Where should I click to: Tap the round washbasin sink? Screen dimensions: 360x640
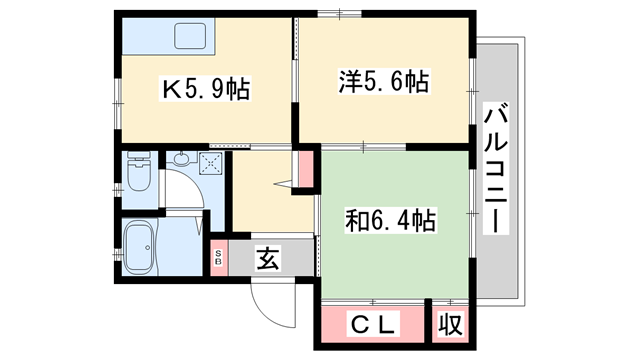pos(181,161)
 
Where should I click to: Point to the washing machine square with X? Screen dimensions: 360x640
pos(211,162)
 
